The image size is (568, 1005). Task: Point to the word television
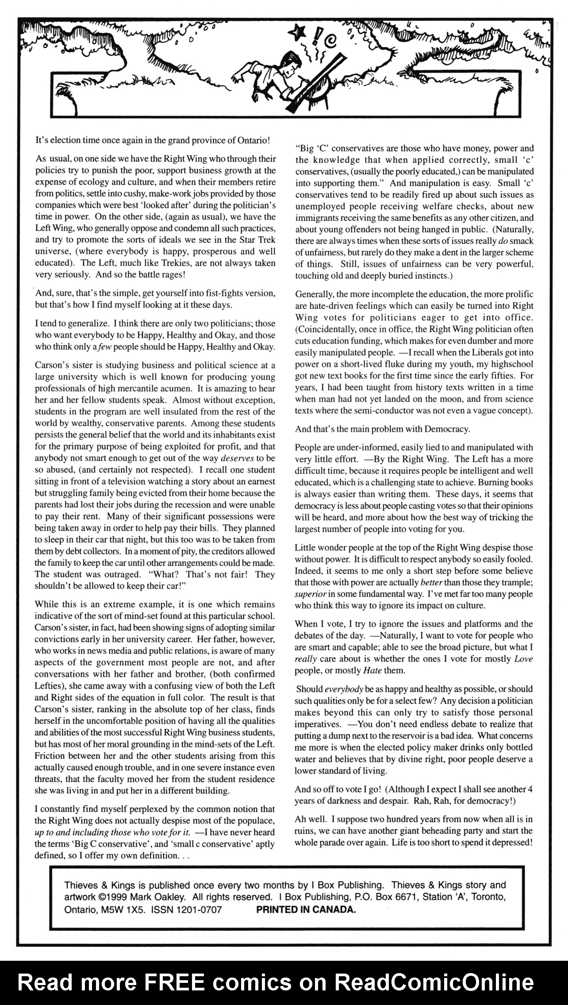[134, 481]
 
